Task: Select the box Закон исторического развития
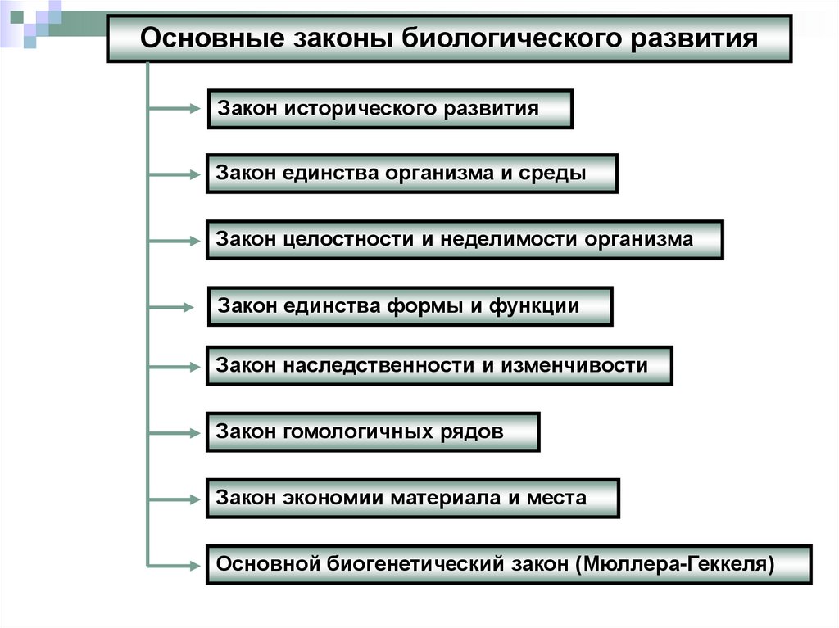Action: pyautogui.click(x=390, y=109)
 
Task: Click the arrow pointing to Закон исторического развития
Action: pyautogui.click(x=173, y=107)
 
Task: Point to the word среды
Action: pyautogui.click(x=560, y=174)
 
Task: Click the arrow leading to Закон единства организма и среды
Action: pyautogui.click(x=173, y=174)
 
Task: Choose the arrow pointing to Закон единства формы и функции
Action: pyautogui.click(x=173, y=308)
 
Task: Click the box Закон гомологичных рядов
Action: pyautogui.click(x=373, y=431)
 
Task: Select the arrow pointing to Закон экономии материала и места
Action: pyautogui.click(x=173, y=497)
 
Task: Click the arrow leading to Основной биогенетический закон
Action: pyautogui.click(x=173, y=564)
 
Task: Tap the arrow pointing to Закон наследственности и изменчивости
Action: pyautogui.click(x=173, y=365)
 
